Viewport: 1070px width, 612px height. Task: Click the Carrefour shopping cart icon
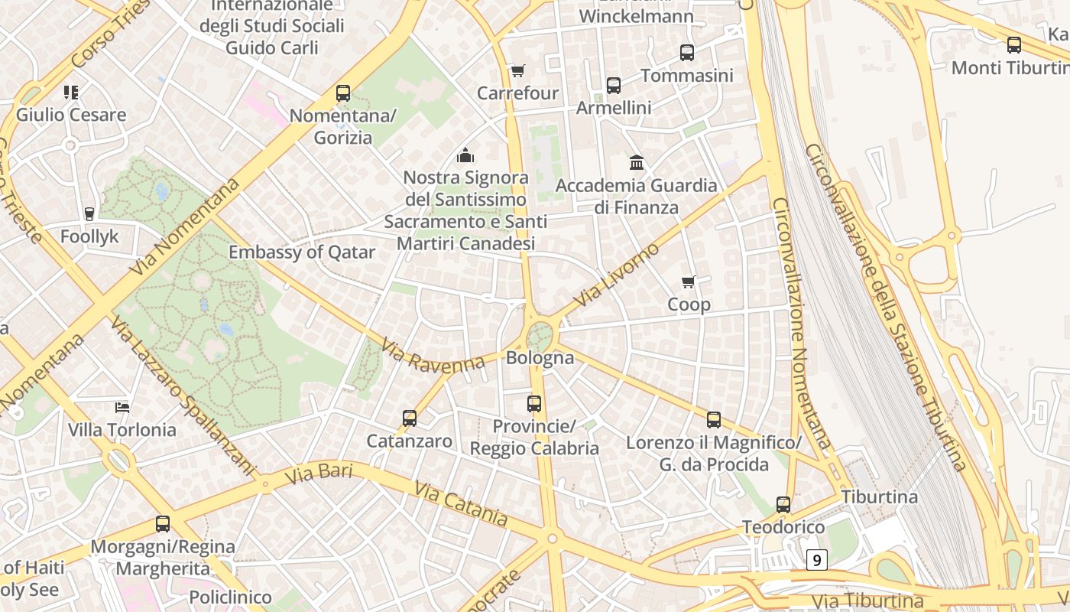tap(517, 71)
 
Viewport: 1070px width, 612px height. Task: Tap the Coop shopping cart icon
tap(689, 282)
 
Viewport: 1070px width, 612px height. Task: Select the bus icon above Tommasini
tap(687, 53)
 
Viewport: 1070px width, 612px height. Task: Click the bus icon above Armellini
tap(614, 86)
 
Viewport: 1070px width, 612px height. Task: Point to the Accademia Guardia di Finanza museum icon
tap(637, 163)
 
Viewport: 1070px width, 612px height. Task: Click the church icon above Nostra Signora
tap(465, 156)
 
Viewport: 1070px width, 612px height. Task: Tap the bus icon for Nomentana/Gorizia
tap(343, 93)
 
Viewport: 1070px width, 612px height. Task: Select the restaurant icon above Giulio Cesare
tap(71, 93)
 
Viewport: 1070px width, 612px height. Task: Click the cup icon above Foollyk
tap(89, 213)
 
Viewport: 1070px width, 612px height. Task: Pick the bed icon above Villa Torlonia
tap(122, 407)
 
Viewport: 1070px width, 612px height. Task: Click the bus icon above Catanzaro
tap(410, 418)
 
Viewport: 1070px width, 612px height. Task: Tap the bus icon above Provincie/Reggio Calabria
tap(534, 403)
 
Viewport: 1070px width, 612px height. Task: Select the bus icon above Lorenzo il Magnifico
tap(714, 419)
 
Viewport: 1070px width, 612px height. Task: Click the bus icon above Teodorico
tap(783, 505)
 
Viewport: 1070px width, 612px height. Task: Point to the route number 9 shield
tap(817, 561)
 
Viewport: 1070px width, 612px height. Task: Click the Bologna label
tap(540, 357)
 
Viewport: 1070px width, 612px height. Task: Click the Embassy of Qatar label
tap(302, 252)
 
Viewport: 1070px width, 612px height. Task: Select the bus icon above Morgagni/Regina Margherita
tap(163, 524)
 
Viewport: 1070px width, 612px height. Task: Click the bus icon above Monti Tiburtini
tap(1014, 45)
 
